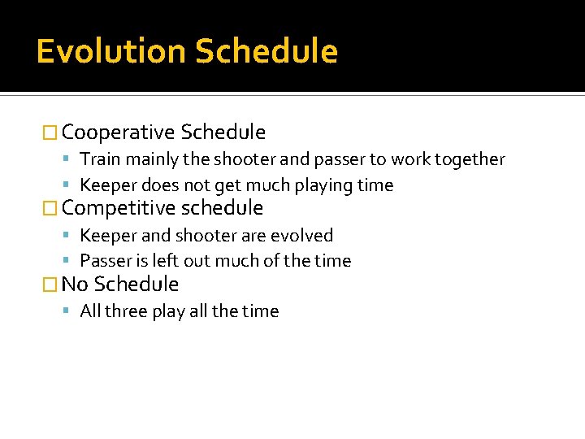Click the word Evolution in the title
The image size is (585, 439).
click(x=110, y=51)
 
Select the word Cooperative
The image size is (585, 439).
click(x=119, y=132)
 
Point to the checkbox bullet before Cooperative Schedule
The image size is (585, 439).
click(x=50, y=133)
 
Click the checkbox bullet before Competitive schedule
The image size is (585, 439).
click(x=50, y=208)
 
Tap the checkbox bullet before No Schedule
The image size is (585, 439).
click(x=50, y=285)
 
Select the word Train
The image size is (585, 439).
click(x=98, y=159)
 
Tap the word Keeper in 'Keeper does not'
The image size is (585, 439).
click(x=105, y=185)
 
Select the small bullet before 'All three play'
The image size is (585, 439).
click(x=71, y=311)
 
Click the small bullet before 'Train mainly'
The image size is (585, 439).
click(x=71, y=159)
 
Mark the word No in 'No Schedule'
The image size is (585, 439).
click(x=75, y=284)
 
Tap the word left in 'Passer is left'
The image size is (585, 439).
click(x=167, y=261)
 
